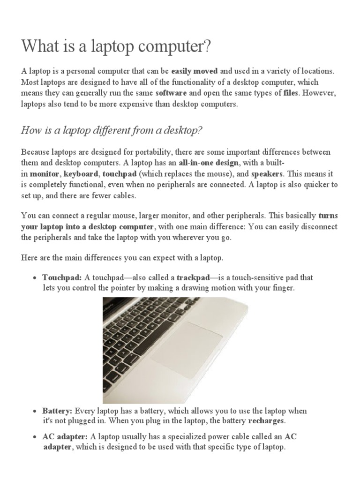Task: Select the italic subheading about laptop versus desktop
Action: [x=112, y=130]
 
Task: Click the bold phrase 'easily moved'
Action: [x=195, y=71]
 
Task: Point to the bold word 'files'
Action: [x=291, y=93]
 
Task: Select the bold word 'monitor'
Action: [x=45, y=173]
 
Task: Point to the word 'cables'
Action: [x=123, y=195]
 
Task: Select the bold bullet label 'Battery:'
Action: [x=57, y=411]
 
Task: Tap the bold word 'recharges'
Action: [x=266, y=421]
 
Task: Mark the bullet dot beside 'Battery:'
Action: [x=35, y=411]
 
